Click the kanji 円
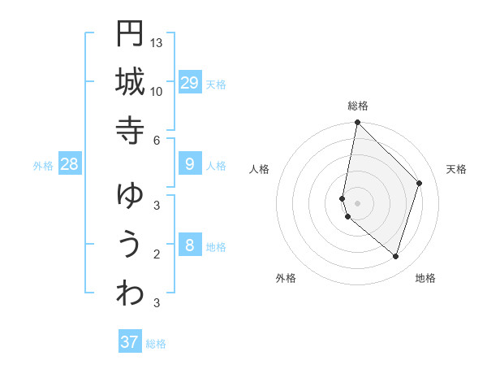130,33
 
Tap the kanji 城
130,82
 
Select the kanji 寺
130,130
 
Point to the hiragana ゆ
130,195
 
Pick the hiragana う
130,245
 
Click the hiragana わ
130,293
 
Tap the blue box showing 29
190,83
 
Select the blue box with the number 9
190,164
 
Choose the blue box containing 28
69,164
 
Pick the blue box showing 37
130,342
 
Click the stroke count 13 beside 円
157,42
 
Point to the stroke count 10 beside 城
157,91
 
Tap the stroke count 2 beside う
157,254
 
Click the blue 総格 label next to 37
156,344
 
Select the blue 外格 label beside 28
43,166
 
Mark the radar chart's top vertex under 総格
357,123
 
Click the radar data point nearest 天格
420,183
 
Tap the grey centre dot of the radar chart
357,202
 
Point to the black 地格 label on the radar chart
425,278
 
